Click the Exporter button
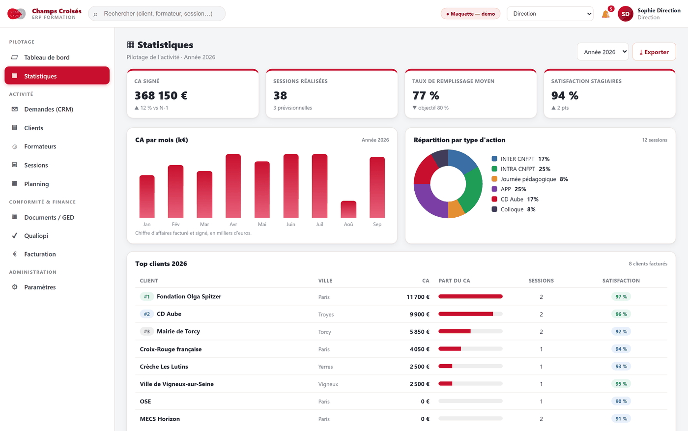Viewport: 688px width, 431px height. point(654,52)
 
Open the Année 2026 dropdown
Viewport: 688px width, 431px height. point(602,52)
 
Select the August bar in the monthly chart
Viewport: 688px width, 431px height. point(348,209)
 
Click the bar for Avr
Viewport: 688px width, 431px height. point(233,186)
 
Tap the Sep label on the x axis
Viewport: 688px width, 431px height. point(377,224)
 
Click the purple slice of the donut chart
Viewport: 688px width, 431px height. point(428,198)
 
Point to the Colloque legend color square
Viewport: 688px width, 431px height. point(494,209)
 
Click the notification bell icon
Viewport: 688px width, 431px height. point(605,14)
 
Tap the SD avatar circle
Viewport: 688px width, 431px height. point(625,14)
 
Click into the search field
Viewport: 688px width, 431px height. point(157,14)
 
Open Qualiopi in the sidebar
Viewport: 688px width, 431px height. point(36,235)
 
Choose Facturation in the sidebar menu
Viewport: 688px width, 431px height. point(40,254)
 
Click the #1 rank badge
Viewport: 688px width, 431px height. point(147,296)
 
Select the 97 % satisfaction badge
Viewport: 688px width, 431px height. point(621,296)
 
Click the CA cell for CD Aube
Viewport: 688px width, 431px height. point(419,314)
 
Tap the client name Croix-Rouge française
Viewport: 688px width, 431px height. point(171,349)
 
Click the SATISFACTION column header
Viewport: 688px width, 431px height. point(621,281)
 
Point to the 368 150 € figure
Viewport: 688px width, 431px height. point(161,95)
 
